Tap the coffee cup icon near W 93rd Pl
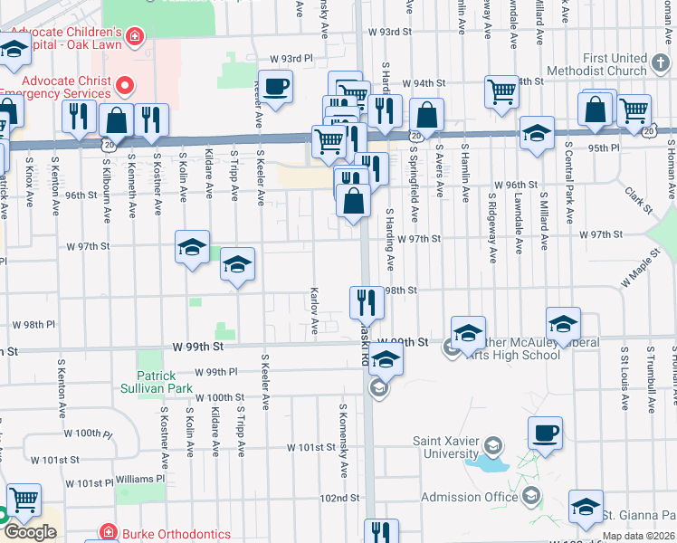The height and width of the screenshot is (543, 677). click(x=276, y=87)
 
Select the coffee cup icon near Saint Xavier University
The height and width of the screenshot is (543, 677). click(x=545, y=433)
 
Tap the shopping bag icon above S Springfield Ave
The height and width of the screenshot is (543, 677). click(x=426, y=115)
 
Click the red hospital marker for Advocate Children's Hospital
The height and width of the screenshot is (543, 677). click(x=135, y=36)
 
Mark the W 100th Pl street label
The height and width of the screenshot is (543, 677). click(x=93, y=433)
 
